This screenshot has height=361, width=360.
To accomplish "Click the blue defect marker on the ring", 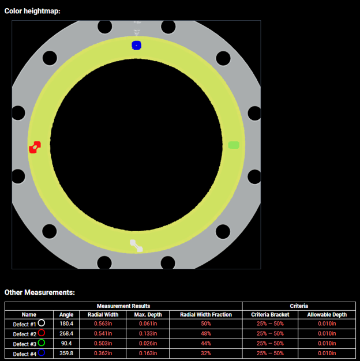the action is [x=136, y=46].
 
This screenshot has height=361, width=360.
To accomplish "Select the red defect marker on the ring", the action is [x=35, y=148].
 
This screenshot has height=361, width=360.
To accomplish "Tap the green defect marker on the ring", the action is [x=234, y=145].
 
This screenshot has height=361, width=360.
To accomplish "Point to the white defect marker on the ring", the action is [x=136, y=246].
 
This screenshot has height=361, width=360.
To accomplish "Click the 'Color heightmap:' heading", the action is [x=32, y=11].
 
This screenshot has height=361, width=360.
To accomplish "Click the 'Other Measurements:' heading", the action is [x=40, y=292].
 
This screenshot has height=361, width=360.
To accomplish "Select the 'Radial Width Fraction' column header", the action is [x=206, y=315].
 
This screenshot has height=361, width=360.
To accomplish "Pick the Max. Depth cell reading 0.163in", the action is [x=148, y=353].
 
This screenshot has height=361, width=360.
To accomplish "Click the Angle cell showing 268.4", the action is [x=66, y=333].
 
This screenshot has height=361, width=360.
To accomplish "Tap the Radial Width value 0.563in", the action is [x=103, y=324].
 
